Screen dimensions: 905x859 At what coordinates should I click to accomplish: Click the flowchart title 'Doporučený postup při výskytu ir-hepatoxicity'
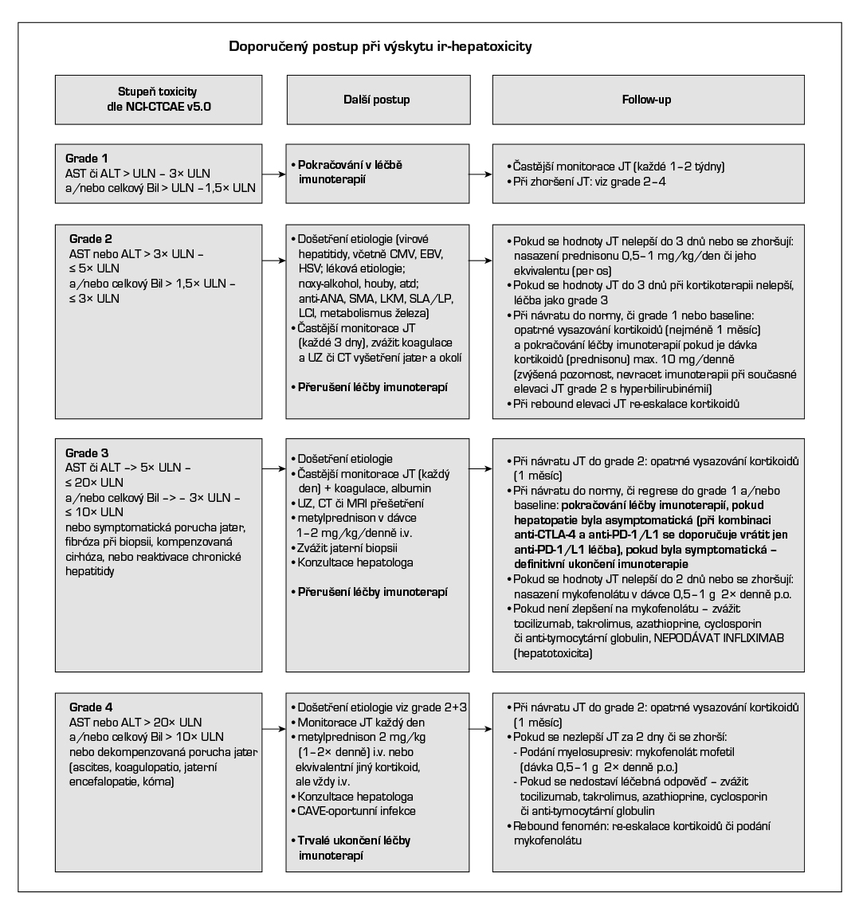point(381,47)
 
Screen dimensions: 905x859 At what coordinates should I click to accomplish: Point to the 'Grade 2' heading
point(89,238)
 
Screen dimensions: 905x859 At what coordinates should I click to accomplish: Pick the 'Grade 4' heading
point(89,707)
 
